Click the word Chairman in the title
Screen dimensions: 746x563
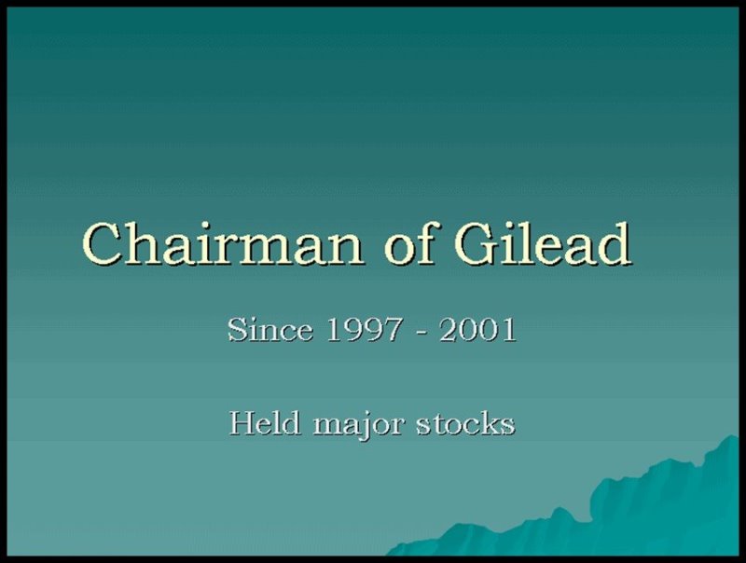(222, 243)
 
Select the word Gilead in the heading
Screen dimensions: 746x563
(543, 242)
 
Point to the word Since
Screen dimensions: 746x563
(270, 329)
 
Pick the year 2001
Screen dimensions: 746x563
(477, 330)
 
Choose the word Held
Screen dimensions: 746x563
(265, 422)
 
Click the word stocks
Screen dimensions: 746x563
(465, 423)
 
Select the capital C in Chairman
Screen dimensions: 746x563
(103, 243)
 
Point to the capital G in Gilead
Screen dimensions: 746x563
(477, 243)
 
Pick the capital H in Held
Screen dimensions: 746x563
(242, 423)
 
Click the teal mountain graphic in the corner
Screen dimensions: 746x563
(618, 514)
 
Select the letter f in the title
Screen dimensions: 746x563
(425, 241)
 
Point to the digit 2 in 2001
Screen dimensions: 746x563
(448, 330)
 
